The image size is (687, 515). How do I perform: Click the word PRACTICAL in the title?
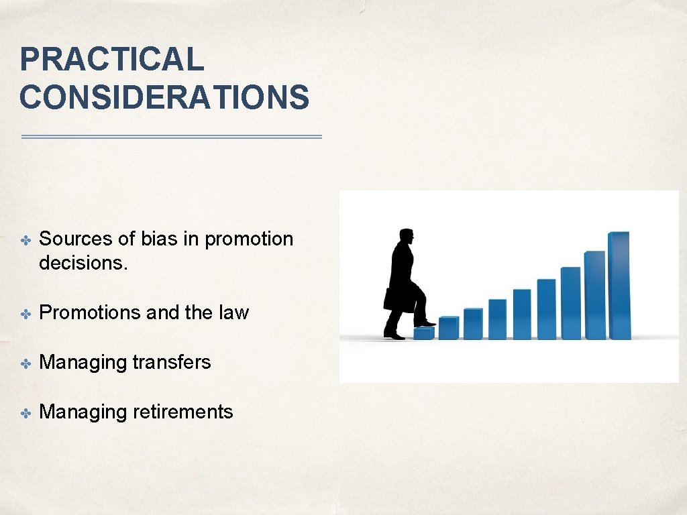[111, 59]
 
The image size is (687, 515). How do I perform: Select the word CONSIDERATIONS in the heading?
[164, 97]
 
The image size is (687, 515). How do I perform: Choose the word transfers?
[171, 362]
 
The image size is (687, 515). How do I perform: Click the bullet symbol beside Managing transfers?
[25, 363]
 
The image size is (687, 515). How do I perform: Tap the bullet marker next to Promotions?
[25, 314]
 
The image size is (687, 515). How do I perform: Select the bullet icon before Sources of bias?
[25, 240]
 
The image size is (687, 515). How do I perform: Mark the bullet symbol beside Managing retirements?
[25, 413]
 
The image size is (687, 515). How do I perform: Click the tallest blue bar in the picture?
[619, 285]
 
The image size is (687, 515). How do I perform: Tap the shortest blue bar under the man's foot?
[424, 333]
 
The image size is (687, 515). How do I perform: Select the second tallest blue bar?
[594, 295]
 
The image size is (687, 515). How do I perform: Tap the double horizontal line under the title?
[172, 137]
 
